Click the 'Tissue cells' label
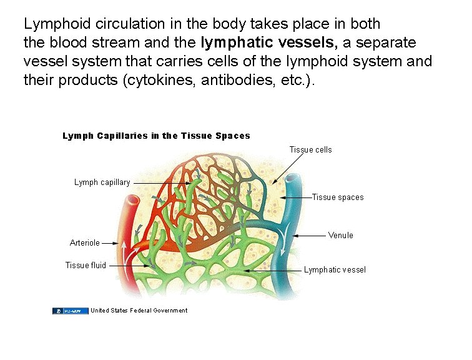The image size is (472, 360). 310,150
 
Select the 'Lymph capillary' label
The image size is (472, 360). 102,182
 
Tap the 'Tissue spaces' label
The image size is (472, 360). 337,197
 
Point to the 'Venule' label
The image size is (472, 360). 340,236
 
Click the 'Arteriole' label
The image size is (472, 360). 84,243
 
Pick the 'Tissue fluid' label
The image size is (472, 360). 86,266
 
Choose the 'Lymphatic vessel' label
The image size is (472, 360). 335,270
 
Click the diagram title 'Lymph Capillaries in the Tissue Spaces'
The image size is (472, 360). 156,136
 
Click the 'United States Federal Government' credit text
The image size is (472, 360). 139,311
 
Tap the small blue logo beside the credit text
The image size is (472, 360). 70,311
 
